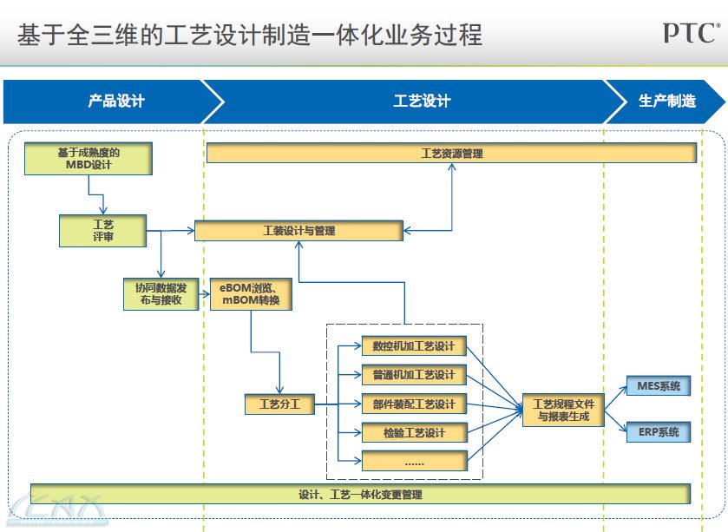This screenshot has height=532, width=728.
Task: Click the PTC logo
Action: coord(691,33)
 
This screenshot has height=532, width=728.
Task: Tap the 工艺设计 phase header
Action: coord(422,102)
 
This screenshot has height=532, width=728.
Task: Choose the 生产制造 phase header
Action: coord(666,102)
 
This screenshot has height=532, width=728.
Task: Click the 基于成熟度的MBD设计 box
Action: coord(89,159)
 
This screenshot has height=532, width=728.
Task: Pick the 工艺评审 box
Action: coord(102,230)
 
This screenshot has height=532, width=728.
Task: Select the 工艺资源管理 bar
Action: coord(451,154)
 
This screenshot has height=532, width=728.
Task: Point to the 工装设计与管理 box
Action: coord(298,231)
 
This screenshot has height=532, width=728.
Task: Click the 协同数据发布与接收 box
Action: coord(161,293)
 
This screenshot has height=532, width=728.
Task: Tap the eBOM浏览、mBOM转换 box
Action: coord(251,293)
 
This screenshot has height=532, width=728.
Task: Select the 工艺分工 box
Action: coord(279,404)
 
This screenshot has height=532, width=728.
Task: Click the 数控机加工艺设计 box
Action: coord(414,346)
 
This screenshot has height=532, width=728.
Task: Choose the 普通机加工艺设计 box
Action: coord(414,375)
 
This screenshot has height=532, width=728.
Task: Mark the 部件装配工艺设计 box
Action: coord(414,404)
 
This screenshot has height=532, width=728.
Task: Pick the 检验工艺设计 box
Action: coord(414,432)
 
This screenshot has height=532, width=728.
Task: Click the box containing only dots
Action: coord(414,461)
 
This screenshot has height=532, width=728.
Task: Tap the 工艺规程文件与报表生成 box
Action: coord(562,410)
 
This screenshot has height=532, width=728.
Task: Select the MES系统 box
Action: coord(658,385)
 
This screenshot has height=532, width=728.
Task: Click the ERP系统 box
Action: coord(658,431)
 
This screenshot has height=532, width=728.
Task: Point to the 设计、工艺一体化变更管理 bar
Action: coord(360,494)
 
